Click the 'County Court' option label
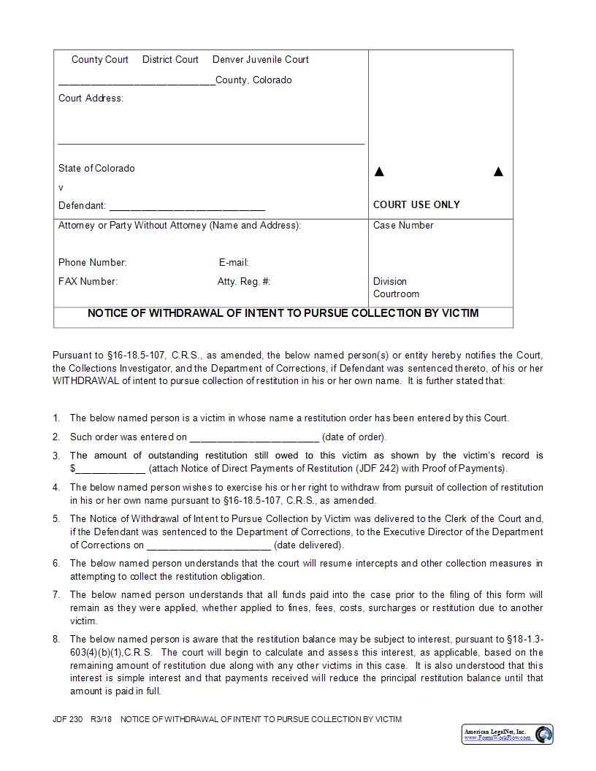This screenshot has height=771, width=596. pyautogui.click(x=99, y=60)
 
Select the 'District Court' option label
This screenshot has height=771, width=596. pyautogui.click(x=170, y=60)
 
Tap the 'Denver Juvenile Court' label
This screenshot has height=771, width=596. pyautogui.click(x=260, y=60)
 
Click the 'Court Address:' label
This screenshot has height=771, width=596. pyautogui.click(x=91, y=99)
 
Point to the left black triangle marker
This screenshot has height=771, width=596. pyautogui.click(x=379, y=172)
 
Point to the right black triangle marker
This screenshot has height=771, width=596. pyautogui.click(x=499, y=172)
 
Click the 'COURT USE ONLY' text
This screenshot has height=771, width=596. pyautogui.click(x=416, y=205)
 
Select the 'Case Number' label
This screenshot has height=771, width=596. pyautogui.click(x=403, y=226)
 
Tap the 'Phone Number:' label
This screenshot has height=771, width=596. pyautogui.click(x=93, y=263)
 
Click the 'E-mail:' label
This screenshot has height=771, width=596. pyautogui.click(x=234, y=263)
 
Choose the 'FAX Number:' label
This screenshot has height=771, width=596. pyautogui.click(x=88, y=282)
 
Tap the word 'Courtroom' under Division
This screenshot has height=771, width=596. pyautogui.click(x=396, y=294)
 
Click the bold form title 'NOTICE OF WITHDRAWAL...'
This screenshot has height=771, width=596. pyautogui.click(x=283, y=313)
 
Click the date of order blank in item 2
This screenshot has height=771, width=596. pyautogui.click(x=254, y=438)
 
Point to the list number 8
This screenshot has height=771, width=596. pyautogui.click(x=56, y=640)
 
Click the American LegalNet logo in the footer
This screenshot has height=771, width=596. pyautogui.click(x=508, y=734)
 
